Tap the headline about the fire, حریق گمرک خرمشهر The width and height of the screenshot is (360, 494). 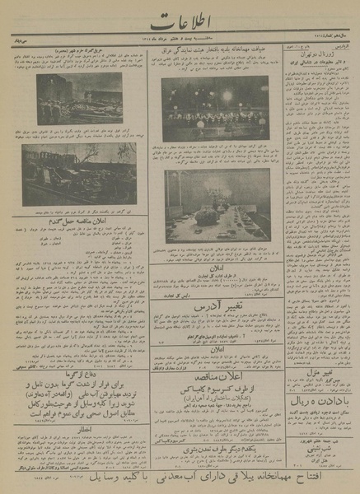(70, 52)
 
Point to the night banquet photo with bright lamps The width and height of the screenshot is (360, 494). (215, 108)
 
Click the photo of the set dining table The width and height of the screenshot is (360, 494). (217, 206)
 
